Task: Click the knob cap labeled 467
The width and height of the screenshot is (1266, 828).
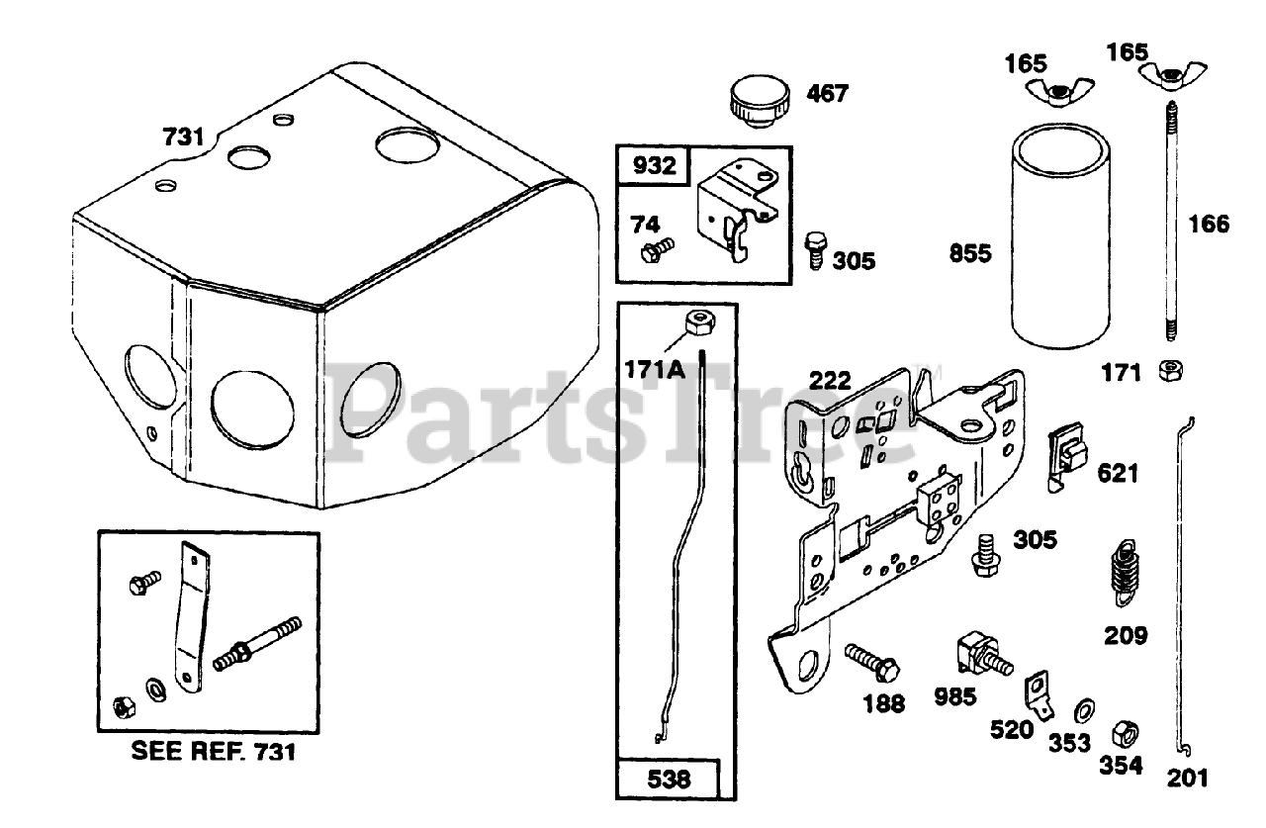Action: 760,102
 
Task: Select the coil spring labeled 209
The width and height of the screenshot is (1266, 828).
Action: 1123,573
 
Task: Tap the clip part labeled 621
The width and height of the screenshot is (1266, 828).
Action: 1067,456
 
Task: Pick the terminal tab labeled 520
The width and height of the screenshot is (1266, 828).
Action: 1038,692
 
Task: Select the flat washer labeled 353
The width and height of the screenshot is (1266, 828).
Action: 1084,708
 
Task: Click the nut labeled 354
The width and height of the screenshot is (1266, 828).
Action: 1125,733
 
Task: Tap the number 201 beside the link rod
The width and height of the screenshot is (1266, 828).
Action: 1187,778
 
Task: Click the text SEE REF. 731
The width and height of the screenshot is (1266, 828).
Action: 214,752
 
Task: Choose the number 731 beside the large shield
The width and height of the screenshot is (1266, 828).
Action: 183,137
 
